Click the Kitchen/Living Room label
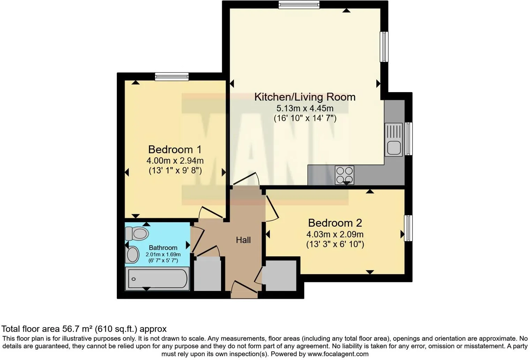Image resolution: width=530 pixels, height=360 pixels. [x=305, y=97]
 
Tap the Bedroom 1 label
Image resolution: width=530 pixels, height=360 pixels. [x=175, y=149]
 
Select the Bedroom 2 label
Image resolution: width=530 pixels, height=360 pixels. [x=335, y=223]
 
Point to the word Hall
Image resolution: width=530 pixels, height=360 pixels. [x=243, y=240]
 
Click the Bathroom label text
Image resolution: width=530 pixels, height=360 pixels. [x=163, y=248]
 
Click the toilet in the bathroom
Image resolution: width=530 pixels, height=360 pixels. [x=137, y=233]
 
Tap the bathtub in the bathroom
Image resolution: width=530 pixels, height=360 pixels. [x=157, y=279]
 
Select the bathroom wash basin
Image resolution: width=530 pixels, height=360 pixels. [x=132, y=255]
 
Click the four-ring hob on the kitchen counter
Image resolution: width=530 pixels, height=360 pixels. [x=344, y=175]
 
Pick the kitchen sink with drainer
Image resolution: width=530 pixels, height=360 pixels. [x=394, y=140]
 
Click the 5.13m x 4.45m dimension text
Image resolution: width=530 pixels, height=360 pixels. [x=305, y=108]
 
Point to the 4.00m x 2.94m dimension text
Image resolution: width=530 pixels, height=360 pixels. [x=175, y=161]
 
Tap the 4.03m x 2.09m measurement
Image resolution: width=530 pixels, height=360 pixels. [x=335, y=234]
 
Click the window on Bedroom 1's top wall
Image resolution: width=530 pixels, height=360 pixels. [x=172, y=76]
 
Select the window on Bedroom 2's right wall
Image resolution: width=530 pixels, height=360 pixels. [x=408, y=228]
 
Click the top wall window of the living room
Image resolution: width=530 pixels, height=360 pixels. [x=299, y=5]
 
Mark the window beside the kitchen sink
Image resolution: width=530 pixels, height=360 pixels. [x=409, y=138]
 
